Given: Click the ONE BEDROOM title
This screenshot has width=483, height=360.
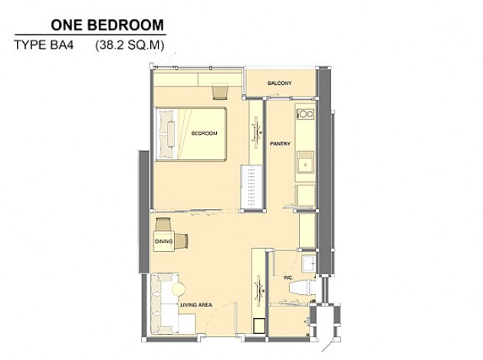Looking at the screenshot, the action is point(107,25).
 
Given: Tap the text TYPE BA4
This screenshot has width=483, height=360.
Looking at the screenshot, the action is point(44,45).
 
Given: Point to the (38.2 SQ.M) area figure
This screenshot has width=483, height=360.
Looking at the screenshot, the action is point(130,45).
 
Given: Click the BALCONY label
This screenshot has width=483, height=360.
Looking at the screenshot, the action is point(279,83).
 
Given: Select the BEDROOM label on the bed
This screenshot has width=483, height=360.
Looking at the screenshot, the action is point(204,133).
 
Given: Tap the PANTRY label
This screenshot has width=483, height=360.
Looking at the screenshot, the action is point(280,143).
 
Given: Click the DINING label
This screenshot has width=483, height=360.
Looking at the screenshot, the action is point(163,241).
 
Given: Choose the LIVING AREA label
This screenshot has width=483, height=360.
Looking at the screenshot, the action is point(196,305).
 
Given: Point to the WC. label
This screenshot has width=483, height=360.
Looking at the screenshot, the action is point(288,277).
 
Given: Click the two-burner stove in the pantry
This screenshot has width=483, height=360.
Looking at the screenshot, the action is point(305,114).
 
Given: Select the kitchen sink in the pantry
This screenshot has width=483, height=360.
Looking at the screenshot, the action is point(305,162).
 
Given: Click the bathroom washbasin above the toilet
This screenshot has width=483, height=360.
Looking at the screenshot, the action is point(308,263).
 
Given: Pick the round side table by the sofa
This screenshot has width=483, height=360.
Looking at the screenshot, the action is point(179,290).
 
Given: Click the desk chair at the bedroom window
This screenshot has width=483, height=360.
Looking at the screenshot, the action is point(220,91).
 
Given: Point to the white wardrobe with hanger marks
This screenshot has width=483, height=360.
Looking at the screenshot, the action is point(251,187).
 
